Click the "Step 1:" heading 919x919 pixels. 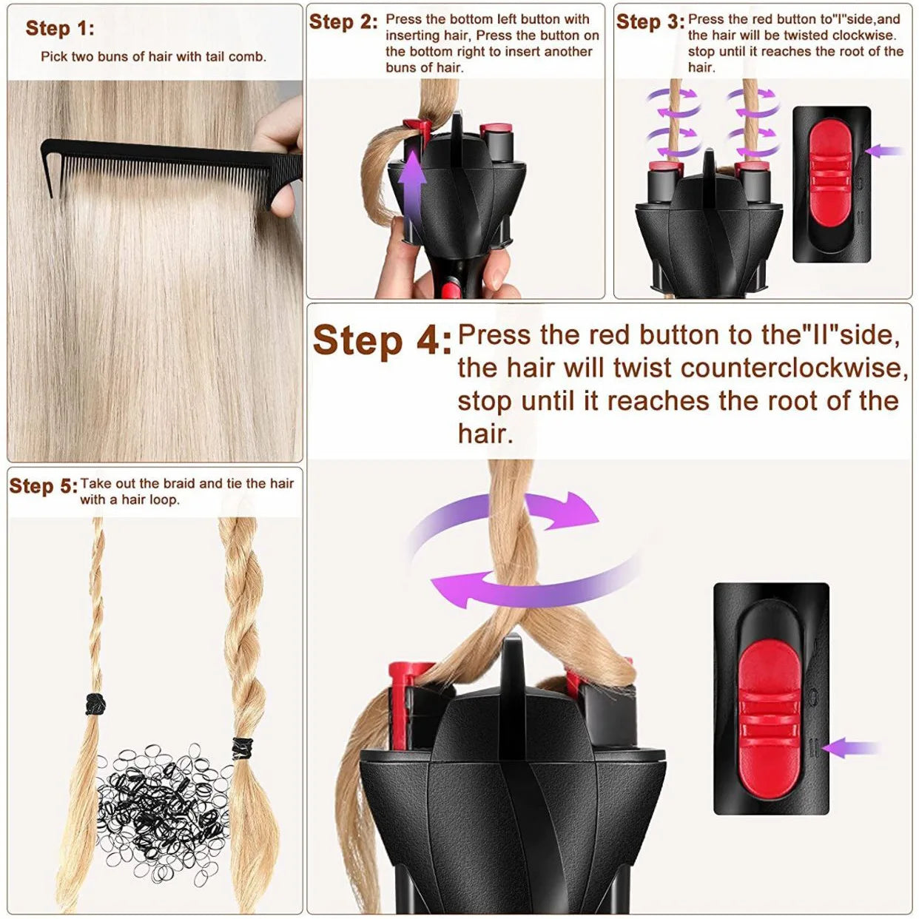coord(60,28)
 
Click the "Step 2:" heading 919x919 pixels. coord(343,21)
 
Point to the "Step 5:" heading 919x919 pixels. coord(43,486)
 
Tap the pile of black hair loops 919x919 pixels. coord(163,814)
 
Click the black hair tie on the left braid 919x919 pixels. coord(94,704)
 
